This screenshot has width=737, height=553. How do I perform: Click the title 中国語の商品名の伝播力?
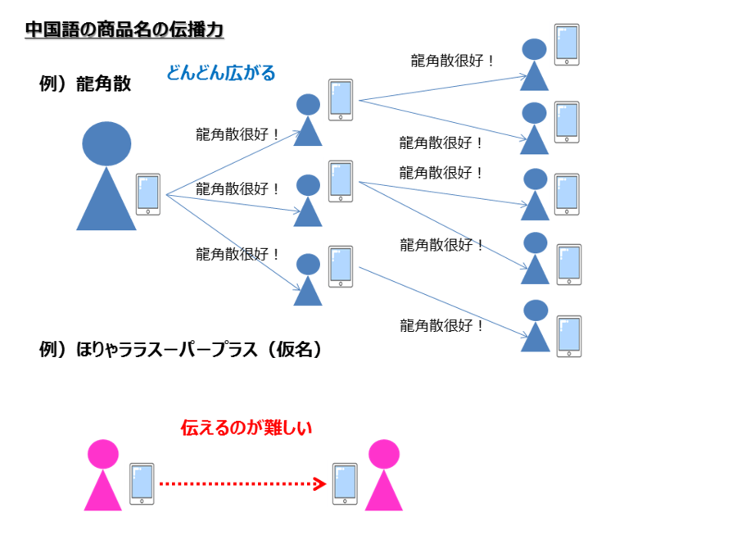tap(124, 30)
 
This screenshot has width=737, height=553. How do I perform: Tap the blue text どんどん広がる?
tap(220, 73)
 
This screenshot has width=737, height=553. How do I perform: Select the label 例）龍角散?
tap(85, 84)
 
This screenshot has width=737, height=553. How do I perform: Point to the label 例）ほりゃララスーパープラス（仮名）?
tap(180, 350)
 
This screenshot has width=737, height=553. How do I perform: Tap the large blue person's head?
tap(106, 143)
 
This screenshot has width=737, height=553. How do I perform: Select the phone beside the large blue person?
tap(148, 194)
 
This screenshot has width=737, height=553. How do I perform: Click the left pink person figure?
tap(103, 474)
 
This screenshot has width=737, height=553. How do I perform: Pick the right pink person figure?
tap(383, 474)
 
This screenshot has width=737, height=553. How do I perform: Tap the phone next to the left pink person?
tap(142, 483)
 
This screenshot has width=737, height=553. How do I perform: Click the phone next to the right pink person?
tap(345, 483)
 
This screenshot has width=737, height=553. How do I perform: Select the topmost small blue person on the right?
tap(535, 65)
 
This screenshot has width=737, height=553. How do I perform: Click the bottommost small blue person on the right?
tap(536, 326)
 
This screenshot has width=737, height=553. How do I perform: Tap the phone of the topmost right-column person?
tap(566, 44)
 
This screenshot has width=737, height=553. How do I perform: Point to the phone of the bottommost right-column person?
tap(567, 336)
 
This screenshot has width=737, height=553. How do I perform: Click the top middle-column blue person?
tap(308, 120)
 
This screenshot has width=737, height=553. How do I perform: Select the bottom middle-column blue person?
tap(308, 279)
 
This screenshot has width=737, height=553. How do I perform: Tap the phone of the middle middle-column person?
tap(340, 181)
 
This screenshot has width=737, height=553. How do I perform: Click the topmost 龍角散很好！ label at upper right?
tap(453, 61)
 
